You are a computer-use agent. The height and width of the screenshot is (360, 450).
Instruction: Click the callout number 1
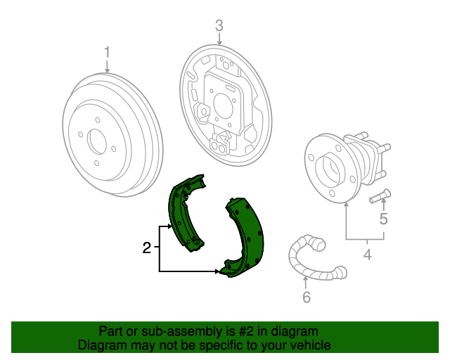point(107,53)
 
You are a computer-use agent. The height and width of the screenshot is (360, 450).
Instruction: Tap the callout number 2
point(147,247)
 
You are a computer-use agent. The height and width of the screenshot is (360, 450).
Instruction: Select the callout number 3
point(219,25)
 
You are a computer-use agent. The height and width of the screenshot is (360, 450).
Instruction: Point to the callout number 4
point(367,255)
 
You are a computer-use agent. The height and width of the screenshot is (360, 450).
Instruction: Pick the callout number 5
point(383,219)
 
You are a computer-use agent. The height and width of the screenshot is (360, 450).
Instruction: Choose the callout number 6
point(307,297)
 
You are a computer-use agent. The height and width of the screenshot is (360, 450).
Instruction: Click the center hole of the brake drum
point(97,142)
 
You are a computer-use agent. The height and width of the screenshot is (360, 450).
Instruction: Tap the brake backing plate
point(226,105)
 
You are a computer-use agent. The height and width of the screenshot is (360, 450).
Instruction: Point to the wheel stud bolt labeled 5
point(380,196)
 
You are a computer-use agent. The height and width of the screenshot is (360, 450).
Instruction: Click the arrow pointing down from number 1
point(107,67)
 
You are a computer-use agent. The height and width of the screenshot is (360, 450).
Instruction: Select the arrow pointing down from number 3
point(219,39)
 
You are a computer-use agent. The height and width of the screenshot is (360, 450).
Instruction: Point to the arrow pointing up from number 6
point(306,282)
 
